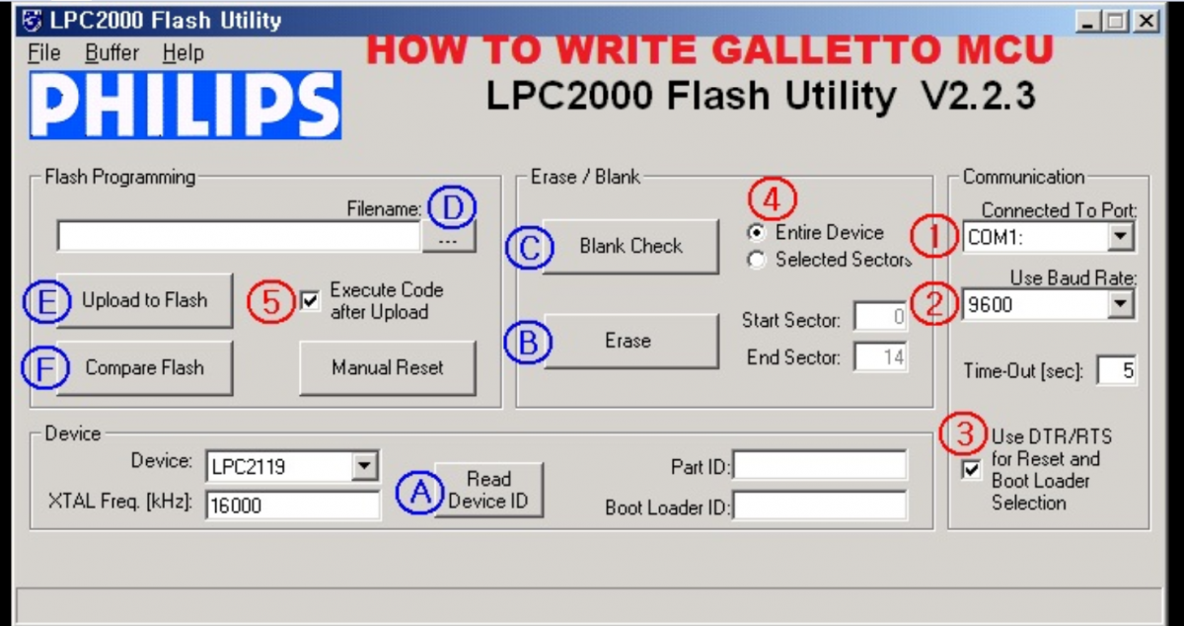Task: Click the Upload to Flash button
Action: (x=144, y=300)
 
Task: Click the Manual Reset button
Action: (x=388, y=367)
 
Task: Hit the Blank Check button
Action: (x=630, y=247)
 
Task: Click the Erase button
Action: (x=630, y=341)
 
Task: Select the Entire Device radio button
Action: (x=757, y=232)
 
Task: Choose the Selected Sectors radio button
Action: (x=757, y=260)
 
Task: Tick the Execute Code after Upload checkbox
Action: (x=310, y=300)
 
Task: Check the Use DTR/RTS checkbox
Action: (x=972, y=469)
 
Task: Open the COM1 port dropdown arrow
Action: (x=1120, y=237)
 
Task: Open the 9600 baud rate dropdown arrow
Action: (x=1120, y=304)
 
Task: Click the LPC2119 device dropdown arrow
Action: (x=364, y=466)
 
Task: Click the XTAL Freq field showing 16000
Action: (x=292, y=506)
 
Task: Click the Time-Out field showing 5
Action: (x=1116, y=370)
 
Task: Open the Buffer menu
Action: (x=111, y=53)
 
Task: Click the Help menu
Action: (x=183, y=53)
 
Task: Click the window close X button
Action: (x=1147, y=21)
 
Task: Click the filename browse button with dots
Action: (x=449, y=238)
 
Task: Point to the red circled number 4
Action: (x=773, y=199)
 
